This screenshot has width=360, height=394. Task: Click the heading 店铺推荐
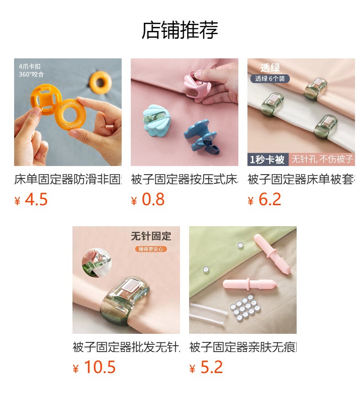tap(180, 30)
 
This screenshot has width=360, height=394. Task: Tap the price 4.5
tap(36, 200)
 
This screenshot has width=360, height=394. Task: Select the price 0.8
tap(153, 200)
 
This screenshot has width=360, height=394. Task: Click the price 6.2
tap(270, 200)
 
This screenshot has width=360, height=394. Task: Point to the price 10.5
tap(99, 368)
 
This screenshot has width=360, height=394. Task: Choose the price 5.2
tap(211, 368)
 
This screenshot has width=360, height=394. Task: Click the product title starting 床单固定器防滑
tap(68, 179)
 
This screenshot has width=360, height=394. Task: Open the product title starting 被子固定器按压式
tap(185, 179)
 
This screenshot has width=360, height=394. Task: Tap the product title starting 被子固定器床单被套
tap(301, 179)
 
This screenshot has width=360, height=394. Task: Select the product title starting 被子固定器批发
tap(126, 347)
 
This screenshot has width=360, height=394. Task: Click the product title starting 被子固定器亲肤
tap(243, 347)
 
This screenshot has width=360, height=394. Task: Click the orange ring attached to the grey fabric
tap(100, 81)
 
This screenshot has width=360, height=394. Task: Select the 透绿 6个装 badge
tap(270, 78)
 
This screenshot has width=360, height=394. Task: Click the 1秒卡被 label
tap(267, 160)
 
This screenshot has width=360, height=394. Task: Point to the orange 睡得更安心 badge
tap(151, 249)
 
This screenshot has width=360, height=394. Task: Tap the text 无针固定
tap(151, 236)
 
